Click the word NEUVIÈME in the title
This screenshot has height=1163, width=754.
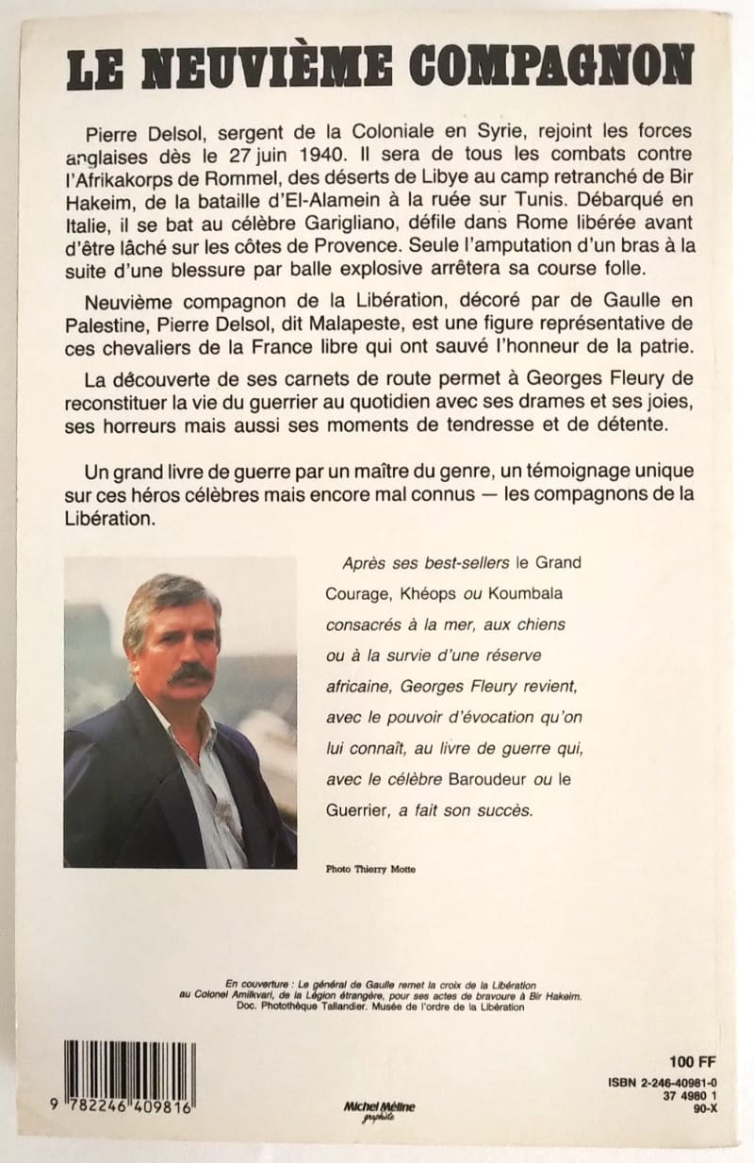(x=270, y=65)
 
